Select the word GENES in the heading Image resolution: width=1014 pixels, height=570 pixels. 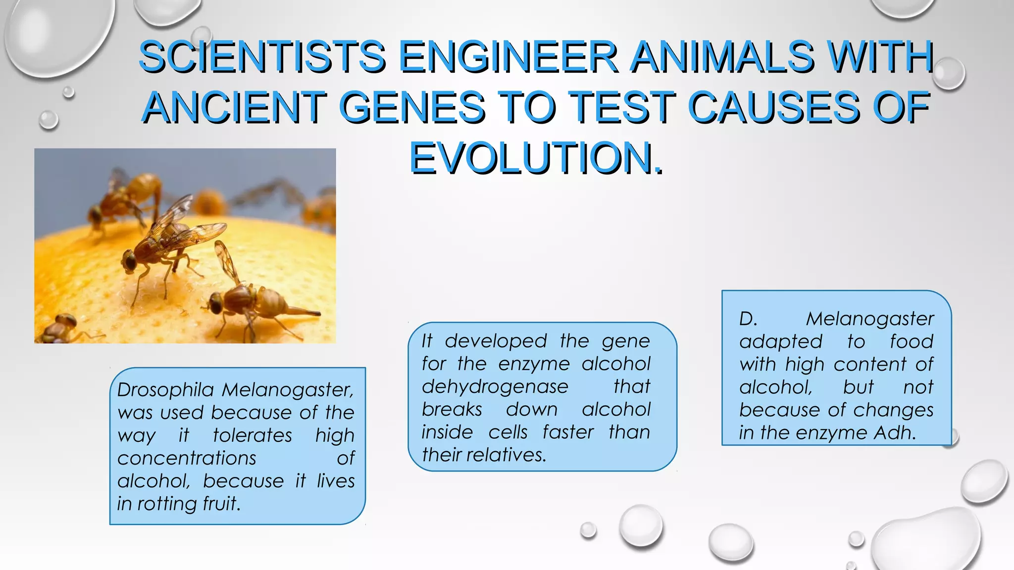tap(412, 107)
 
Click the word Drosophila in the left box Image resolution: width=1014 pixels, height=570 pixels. tap(165, 390)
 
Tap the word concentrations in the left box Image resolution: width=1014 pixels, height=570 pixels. tap(187, 458)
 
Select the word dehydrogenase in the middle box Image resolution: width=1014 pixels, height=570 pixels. tap(495, 386)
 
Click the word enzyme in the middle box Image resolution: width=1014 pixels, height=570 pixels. tap(534, 364)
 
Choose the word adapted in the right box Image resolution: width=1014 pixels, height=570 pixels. tap(780, 341)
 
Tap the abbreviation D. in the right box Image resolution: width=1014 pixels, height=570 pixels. tap(748, 319)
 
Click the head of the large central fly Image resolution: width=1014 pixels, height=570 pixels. tap(129, 260)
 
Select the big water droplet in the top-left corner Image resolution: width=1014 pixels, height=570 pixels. tap(57, 35)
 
